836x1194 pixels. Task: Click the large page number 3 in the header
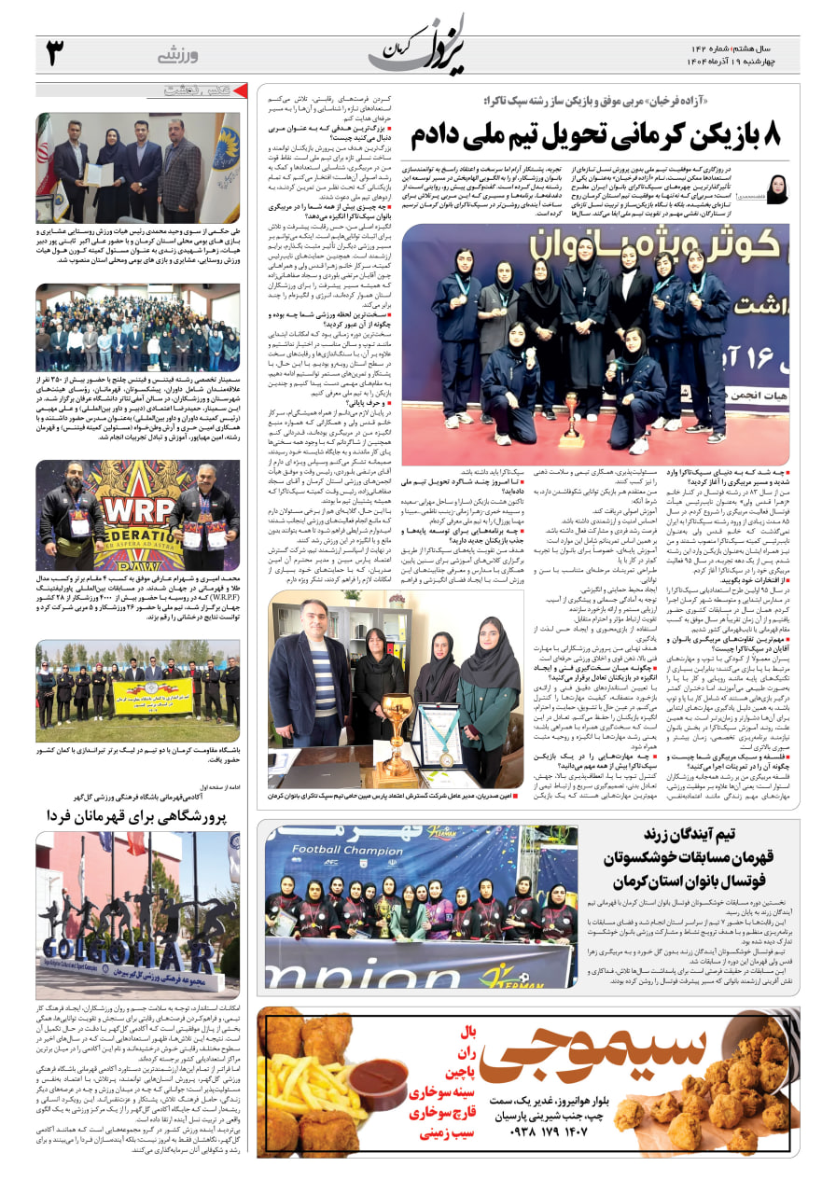tap(55, 53)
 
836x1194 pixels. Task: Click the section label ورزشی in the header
tap(178, 54)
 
